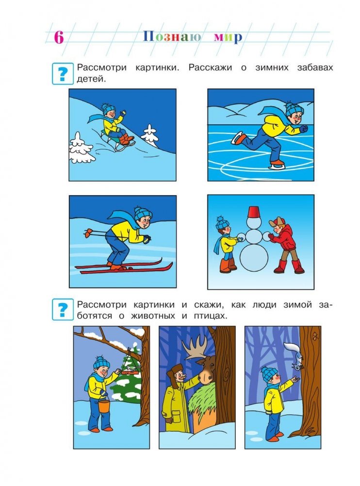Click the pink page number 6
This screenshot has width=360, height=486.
coord(59,37)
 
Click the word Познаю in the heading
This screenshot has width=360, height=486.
coord(172,37)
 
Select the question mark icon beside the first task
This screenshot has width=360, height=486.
coord(63,74)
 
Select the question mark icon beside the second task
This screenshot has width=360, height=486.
coord(63,309)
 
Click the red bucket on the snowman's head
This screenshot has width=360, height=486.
coord(254,212)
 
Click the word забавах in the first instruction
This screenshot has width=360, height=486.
coord(315,67)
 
